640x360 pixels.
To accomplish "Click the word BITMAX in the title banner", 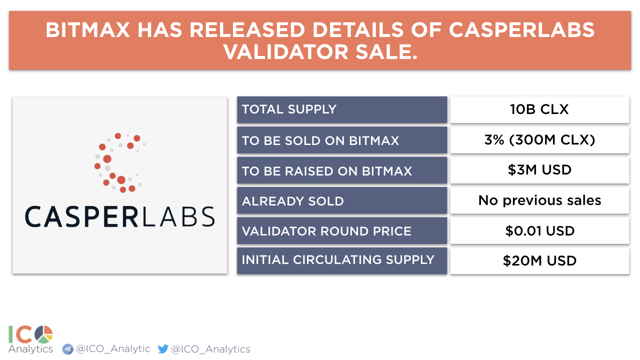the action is pos(87,30).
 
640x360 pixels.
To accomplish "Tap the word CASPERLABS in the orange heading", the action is pos(521,30).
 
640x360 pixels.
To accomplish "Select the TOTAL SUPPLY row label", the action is pos(289,109).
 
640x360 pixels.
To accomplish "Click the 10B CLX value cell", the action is pos(539,109).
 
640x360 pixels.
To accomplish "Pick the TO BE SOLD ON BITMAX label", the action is pos(320,140).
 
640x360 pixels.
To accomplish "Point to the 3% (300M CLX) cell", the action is pos(539,140).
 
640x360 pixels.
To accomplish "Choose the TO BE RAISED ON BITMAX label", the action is pos(327,171).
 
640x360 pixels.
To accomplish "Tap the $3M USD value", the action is pos(539,170).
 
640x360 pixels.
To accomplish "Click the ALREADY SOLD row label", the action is pos(293,201).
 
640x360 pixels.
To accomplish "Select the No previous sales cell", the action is pos(539,200).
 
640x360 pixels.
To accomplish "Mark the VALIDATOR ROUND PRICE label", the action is pos(326,231).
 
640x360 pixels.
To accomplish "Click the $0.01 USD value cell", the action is pos(539,231).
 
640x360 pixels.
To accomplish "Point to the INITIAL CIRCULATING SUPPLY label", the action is pos(338,259).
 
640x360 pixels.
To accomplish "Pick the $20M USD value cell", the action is pos(539,261).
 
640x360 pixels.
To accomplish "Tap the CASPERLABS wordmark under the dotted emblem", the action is pos(119,217).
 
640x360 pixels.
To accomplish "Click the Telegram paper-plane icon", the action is pos(67,349).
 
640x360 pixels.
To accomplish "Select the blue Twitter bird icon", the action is pos(163,349).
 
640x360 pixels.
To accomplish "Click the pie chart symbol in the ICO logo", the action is pos(43,334).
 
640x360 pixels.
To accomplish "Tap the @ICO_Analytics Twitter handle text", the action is pos(210,349).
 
